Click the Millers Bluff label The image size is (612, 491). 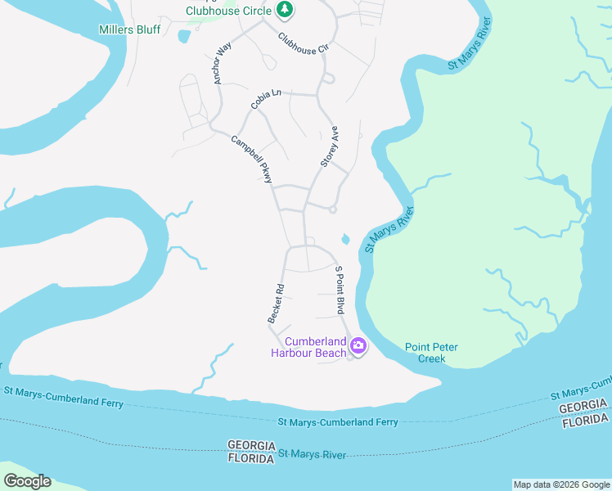point(129,29)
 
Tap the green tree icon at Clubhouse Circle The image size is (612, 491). point(284,10)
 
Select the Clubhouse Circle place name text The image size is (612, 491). point(228,11)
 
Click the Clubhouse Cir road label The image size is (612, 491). point(303,43)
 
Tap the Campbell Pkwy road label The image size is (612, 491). point(251,158)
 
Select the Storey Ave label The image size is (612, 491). point(330,147)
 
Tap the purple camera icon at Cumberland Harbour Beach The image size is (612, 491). point(358,346)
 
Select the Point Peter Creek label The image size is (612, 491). point(431,353)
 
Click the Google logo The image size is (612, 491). point(27,481)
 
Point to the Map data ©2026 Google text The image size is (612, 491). point(560,484)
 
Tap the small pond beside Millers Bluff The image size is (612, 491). point(183,36)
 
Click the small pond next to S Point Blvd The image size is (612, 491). point(345,239)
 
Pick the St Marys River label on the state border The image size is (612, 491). point(312,454)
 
